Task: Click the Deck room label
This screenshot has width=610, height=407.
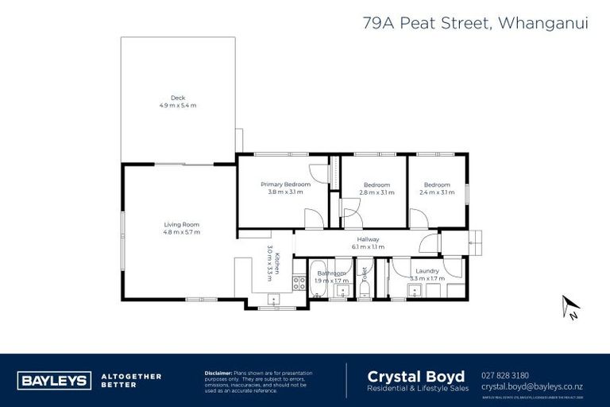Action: (x=178, y=98)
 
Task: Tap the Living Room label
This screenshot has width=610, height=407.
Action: (x=181, y=225)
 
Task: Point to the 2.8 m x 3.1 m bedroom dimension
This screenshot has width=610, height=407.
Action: (x=376, y=192)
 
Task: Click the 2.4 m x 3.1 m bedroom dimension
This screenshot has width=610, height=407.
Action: (x=436, y=192)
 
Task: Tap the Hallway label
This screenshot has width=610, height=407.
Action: (x=367, y=239)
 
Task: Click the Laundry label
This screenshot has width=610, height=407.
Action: (x=426, y=271)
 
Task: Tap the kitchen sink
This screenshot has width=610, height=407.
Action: (x=274, y=299)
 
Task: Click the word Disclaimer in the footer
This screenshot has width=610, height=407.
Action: (x=218, y=373)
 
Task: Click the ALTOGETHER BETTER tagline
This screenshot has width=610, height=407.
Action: (x=131, y=380)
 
